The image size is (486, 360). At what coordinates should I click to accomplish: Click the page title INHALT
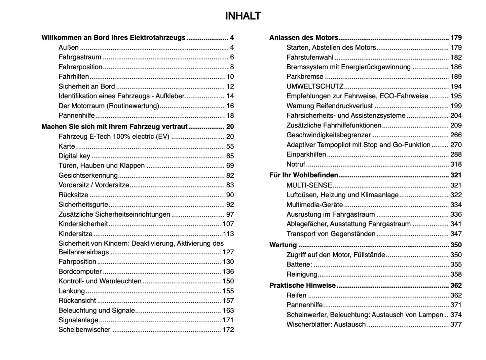(243, 16)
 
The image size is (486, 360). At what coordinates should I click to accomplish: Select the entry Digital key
(74, 156)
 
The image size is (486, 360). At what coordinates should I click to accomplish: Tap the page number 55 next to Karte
(230, 146)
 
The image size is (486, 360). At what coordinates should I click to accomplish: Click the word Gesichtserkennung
(88, 176)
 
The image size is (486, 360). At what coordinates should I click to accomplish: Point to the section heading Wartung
(283, 245)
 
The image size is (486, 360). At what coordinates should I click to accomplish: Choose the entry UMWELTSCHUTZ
(315, 86)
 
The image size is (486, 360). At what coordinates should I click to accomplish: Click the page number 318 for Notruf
(456, 165)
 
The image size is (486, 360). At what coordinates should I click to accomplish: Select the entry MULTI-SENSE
(309, 185)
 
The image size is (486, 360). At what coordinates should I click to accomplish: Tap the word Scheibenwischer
(84, 330)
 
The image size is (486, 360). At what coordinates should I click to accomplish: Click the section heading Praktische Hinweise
(302, 285)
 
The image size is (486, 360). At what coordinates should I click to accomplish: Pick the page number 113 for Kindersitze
(228, 234)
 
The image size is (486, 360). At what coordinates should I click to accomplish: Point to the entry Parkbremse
(305, 77)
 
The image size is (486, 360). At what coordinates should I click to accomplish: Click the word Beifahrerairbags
(84, 252)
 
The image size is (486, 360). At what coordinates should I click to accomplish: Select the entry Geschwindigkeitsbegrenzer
(329, 135)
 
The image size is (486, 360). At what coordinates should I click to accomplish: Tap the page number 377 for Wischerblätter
(456, 325)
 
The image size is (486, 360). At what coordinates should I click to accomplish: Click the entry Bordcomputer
(80, 272)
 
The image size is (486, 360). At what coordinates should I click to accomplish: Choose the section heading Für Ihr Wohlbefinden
(303, 175)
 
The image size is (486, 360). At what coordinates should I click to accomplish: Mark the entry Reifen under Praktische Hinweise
(296, 295)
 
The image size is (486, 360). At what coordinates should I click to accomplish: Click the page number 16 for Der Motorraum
(230, 106)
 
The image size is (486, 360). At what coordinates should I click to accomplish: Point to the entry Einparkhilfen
(306, 155)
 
